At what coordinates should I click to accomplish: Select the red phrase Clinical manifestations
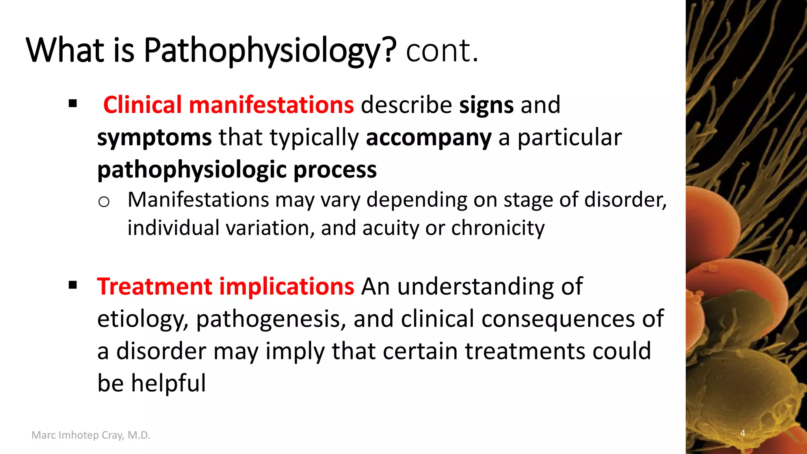(229, 105)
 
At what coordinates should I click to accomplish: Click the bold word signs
(486, 105)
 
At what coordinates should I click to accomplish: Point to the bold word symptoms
(154, 138)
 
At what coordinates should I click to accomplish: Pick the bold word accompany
(429, 138)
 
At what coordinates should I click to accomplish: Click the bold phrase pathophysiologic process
(237, 170)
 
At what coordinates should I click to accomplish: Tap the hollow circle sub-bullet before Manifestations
(104, 202)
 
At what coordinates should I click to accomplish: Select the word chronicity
(498, 228)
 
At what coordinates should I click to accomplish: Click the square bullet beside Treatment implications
(73, 285)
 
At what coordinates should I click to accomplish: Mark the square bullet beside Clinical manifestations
(73, 104)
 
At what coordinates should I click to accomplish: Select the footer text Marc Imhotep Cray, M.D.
(91, 435)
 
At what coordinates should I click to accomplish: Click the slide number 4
(743, 433)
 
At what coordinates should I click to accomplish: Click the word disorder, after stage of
(625, 200)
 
